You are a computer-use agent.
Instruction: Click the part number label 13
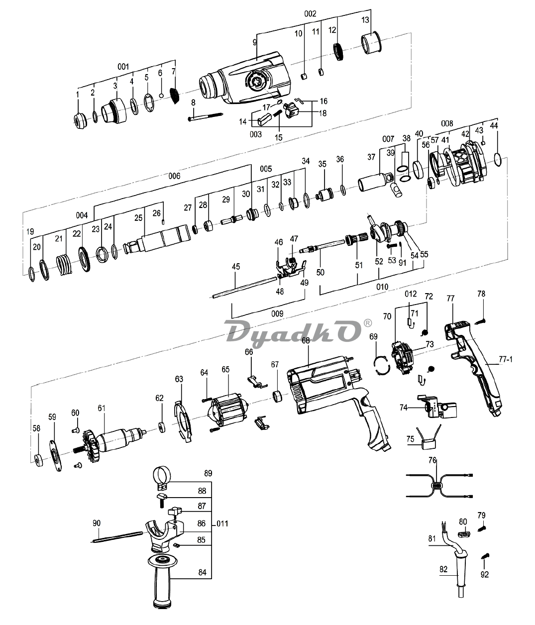[x=365, y=20]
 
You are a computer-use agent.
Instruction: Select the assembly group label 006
[x=175, y=176]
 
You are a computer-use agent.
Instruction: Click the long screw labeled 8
[x=205, y=117]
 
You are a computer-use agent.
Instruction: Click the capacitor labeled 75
[x=428, y=438]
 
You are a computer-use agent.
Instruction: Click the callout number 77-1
[x=505, y=359]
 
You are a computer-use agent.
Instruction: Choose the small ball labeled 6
[x=162, y=96]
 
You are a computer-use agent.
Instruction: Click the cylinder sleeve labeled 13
[x=372, y=42]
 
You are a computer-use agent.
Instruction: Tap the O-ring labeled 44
[x=498, y=160]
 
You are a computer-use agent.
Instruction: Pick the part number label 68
[x=306, y=340]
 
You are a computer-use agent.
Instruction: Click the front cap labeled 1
[x=80, y=121]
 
